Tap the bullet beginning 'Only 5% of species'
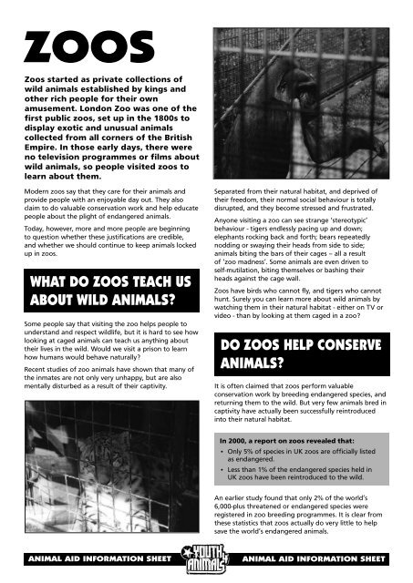301,455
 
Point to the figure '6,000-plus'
234,514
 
